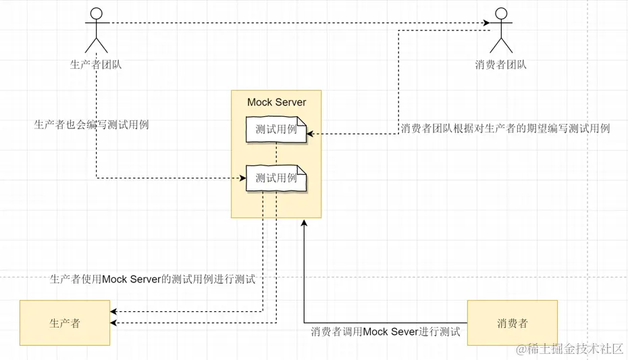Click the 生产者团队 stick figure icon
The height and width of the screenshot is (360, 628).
point(96,30)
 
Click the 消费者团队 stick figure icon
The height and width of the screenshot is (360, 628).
point(500,30)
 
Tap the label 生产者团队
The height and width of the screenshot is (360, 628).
point(96,65)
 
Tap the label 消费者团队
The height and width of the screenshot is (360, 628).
point(500,65)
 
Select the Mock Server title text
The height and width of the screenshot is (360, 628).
point(276,103)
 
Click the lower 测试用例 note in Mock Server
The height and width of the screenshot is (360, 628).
point(276,178)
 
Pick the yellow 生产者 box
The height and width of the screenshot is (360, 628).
point(65,323)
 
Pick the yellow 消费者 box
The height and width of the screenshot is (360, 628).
point(512,323)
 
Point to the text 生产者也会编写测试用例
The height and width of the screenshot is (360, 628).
point(91,125)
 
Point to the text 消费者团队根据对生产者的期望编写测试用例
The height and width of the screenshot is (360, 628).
point(505,128)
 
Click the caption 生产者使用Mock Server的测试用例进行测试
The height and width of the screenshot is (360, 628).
point(153,279)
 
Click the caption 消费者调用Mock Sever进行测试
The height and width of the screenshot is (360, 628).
point(386,332)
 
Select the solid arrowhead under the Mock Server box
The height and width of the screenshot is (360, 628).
point(304,224)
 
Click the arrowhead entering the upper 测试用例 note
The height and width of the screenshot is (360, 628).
point(310,134)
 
